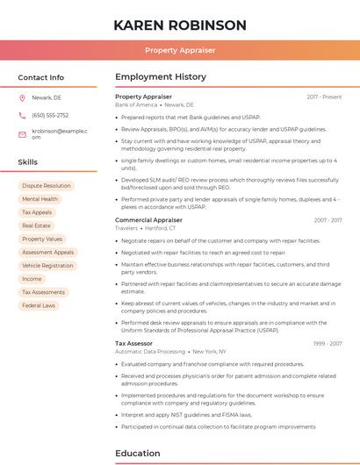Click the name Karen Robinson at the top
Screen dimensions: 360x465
(180, 25)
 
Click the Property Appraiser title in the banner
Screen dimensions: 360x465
(180, 50)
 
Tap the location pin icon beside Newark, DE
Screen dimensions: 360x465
(22, 98)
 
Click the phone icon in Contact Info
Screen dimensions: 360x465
(22, 115)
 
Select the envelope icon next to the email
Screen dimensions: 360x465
(22, 133)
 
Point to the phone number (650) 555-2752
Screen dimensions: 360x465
(50, 115)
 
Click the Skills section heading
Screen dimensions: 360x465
(28, 162)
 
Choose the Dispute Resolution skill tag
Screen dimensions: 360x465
(46, 186)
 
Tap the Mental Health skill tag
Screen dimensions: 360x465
(40, 199)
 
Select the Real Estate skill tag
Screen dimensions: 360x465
(36, 225)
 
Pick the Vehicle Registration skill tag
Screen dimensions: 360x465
(47, 265)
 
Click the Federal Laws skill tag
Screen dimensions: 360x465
(39, 305)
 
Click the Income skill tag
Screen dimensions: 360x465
(32, 279)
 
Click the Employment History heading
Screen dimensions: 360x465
(161, 77)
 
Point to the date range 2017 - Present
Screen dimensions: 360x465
(324, 97)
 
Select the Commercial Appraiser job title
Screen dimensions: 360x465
(148, 220)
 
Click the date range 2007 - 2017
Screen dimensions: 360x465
(328, 220)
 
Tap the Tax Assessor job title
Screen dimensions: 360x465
(133, 343)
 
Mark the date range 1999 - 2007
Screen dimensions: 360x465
(328, 343)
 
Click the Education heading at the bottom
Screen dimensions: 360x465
(137, 454)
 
